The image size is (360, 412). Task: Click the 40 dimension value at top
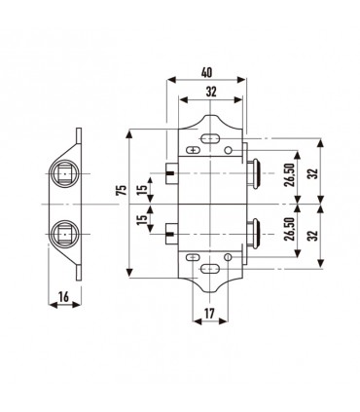tap(206, 72)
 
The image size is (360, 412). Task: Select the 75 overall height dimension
tap(122, 190)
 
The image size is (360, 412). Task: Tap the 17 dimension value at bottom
tap(209, 314)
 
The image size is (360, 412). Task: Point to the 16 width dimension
tap(64, 297)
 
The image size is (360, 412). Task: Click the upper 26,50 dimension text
tap(290, 174)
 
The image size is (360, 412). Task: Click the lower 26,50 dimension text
tap(290, 229)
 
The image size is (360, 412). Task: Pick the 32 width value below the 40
tap(211, 92)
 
